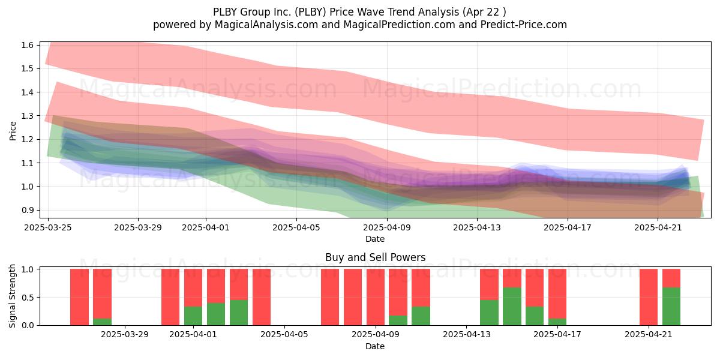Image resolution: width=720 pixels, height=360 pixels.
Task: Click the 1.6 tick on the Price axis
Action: point(28,45)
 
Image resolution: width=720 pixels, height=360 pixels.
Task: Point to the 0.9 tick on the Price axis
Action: point(28,210)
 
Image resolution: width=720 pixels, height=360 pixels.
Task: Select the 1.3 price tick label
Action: point(28,116)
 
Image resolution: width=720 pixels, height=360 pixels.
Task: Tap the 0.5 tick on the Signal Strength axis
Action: point(28,298)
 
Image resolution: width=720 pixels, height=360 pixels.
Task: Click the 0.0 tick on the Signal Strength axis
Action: point(28,325)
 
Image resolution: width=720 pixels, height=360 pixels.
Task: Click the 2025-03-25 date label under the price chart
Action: point(48,227)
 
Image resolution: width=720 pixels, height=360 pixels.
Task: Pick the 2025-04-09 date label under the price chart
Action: point(387,227)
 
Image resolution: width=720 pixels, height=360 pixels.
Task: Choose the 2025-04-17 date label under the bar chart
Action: point(557,334)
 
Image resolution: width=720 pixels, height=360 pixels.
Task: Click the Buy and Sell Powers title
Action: point(375,257)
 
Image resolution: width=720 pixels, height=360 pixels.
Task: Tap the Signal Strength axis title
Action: point(12,296)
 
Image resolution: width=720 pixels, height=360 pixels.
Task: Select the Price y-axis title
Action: point(13,131)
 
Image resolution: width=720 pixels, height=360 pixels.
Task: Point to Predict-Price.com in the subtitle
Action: point(524,25)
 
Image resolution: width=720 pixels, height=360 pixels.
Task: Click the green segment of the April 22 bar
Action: point(671,307)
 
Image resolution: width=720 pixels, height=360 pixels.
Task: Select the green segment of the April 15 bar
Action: point(512,307)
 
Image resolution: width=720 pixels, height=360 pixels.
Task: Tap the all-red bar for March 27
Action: point(79,297)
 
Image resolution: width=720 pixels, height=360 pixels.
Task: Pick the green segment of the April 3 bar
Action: point(239,313)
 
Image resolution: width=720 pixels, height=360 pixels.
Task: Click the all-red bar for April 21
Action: point(649,297)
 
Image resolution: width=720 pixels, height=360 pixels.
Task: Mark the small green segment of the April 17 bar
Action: point(557,322)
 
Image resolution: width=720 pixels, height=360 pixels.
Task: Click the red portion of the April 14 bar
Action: point(489,284)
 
